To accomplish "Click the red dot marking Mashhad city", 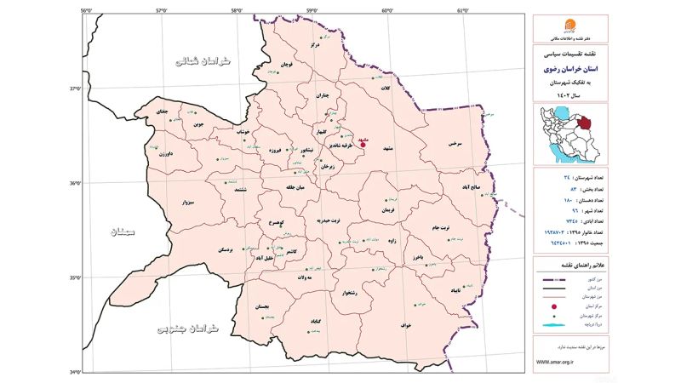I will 363,144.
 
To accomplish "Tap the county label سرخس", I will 454,145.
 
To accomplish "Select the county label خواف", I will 405,324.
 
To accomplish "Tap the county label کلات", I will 385,89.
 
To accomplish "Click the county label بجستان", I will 264,305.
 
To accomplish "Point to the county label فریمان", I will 389,209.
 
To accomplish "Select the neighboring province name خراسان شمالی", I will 202,60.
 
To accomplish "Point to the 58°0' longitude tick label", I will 237,10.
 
